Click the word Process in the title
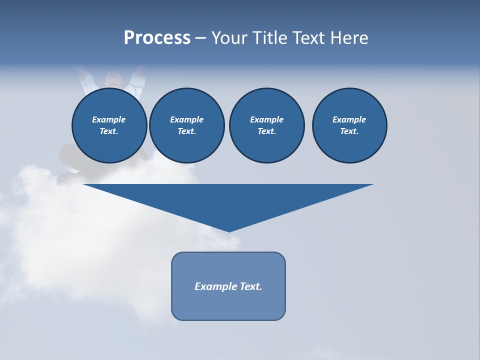[157, 38]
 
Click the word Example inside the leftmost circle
[109, 119]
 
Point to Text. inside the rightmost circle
[349, 131]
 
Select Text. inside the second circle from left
[186, 131]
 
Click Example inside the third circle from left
[266, 119]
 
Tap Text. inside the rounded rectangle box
[251, 286]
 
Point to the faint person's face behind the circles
[113, 78]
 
